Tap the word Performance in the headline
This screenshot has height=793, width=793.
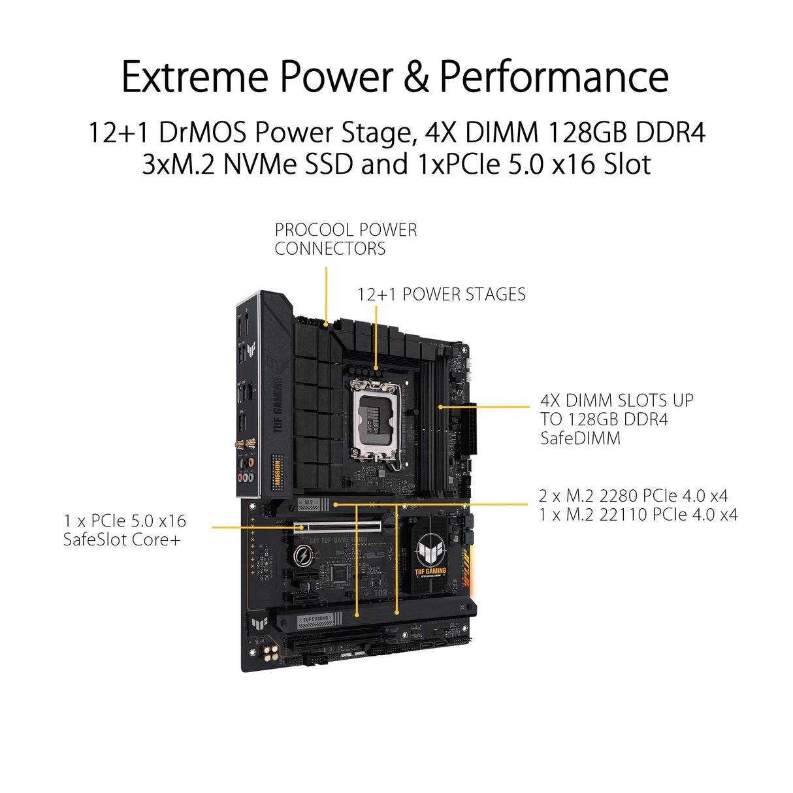pos(554,77)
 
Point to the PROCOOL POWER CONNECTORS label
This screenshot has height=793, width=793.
pos(346,239)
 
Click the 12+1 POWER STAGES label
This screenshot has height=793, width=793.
pos(441,295)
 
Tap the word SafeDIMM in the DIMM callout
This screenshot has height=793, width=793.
pos(580,438)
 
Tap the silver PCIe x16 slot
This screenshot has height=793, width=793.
pos(339,526)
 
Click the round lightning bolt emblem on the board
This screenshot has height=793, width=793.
pos(303,556)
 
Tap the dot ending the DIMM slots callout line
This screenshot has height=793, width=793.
pos(441,406)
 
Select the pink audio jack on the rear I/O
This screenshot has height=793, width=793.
pos(241,477)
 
